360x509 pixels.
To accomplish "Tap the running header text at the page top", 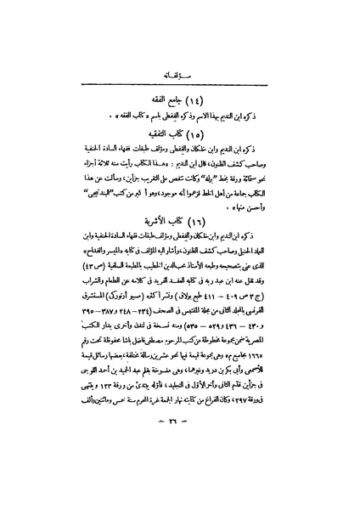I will pyautogui.click(x=181, y=53).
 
